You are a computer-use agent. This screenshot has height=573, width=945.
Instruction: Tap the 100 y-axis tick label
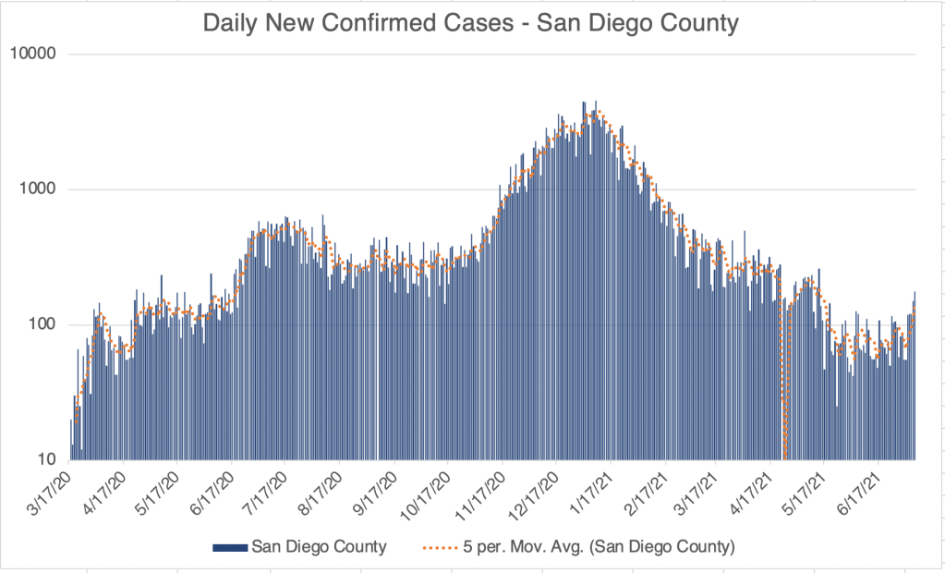44,324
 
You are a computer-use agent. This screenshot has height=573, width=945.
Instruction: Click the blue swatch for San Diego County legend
230,546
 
